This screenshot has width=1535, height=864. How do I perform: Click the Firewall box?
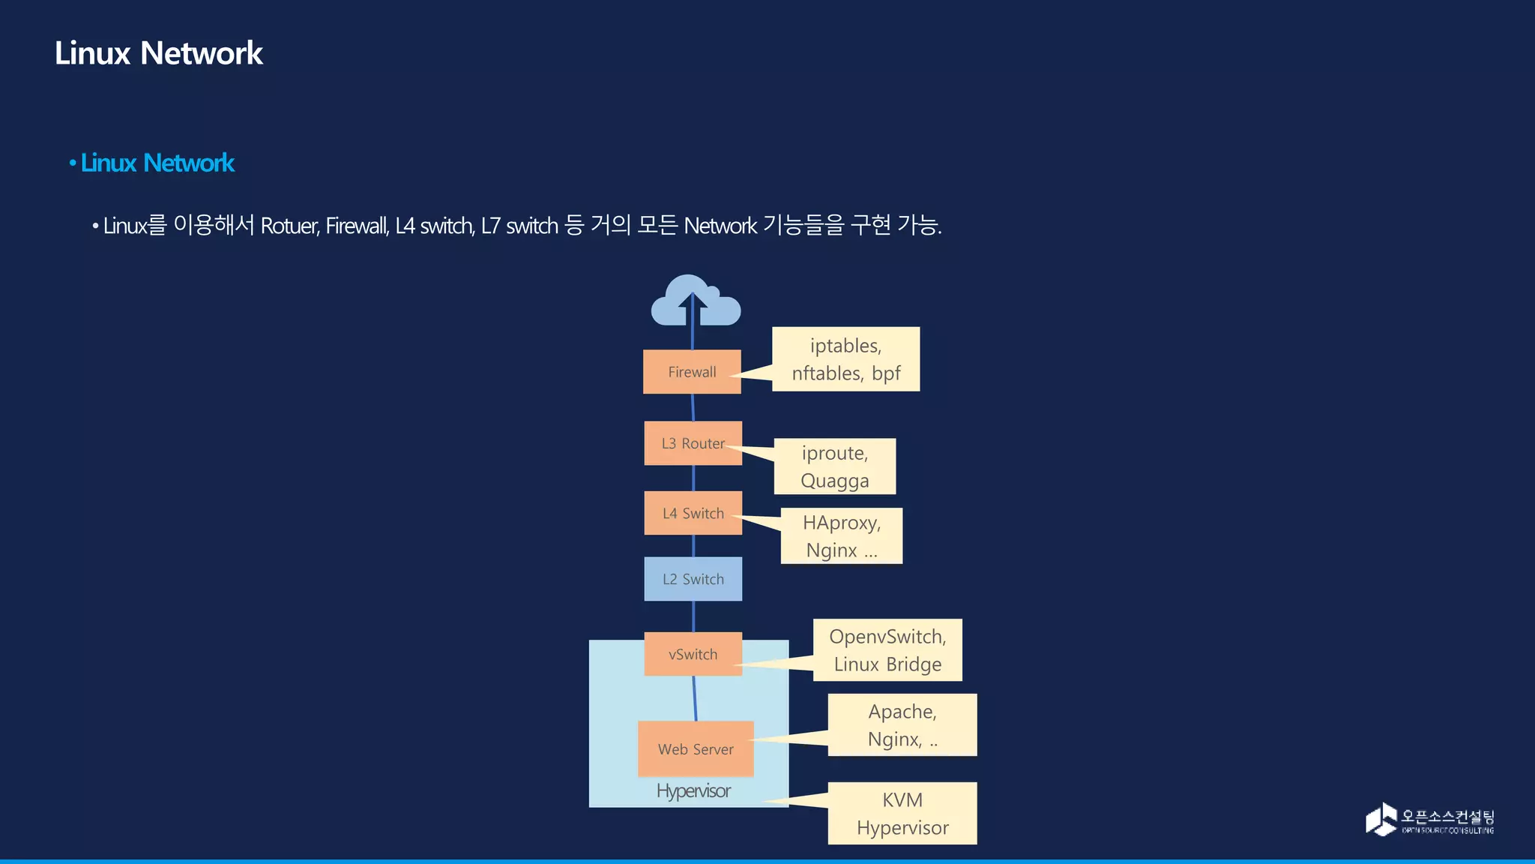tap(692, 372)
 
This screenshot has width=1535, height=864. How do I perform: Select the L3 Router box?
tap(693, 443)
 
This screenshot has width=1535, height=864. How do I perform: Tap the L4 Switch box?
tap(693, 514)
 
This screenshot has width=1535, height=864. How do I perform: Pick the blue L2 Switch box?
tap(693, 579)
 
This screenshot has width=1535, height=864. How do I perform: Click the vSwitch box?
tap(693, 654)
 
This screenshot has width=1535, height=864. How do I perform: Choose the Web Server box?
tap(696, 749)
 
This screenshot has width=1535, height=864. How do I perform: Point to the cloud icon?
tap(696, 301)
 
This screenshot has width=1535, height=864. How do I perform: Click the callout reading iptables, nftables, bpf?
tap(845, 359)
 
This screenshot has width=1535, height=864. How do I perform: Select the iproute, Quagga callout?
tap(835, 466)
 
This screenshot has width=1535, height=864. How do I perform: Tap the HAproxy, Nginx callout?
tap(842, 536)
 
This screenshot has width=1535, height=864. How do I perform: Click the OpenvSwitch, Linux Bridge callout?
tap(887, 650)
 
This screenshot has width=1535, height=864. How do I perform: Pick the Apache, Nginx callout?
tap(902, 725)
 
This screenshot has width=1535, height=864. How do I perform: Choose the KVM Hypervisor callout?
tap(902, 814)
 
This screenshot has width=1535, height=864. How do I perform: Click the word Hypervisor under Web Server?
tap(693, 790)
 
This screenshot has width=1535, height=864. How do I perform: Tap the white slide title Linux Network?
tap(159, 53)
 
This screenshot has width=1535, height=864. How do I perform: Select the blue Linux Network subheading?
tap(157, 163)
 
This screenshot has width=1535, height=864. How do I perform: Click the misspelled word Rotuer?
tap(289, 226)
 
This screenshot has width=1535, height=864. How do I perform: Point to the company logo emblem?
tap(1381, 819)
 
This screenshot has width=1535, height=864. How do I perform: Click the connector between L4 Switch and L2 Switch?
tap(693, 546)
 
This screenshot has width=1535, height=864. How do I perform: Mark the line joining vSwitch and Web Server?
tap(695, 698)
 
